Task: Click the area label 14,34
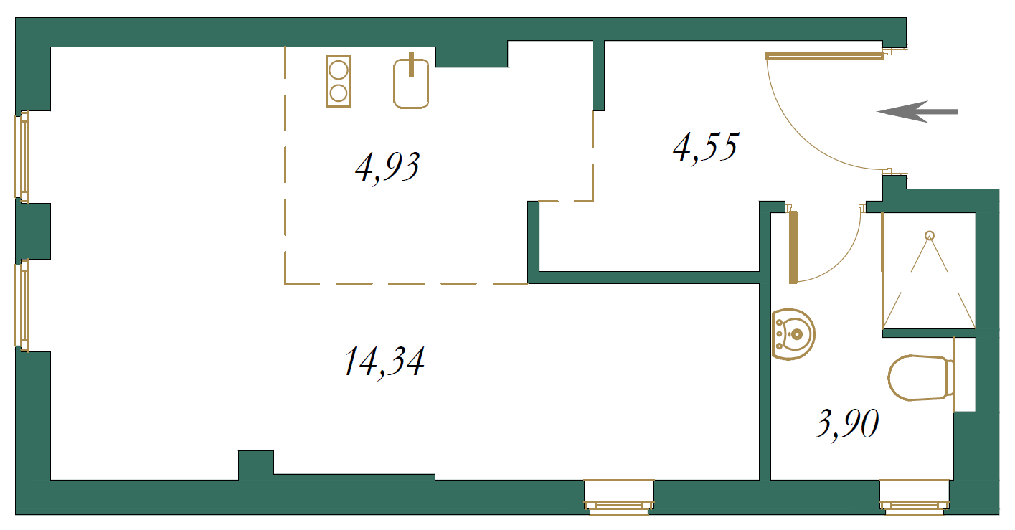tap(384, 362)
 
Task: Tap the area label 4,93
tap(387, 167)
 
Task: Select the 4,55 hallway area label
tap(706, 147)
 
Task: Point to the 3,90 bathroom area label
tap(846, 424)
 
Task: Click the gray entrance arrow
tap(917, 111)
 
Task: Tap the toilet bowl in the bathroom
tap(920, 378)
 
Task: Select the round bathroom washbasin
tap(793, 334)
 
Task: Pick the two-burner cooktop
tap(339, 81)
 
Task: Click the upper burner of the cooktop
tap(339, 70)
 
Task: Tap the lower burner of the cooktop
tap(339, 93)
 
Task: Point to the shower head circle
tap(930, 235)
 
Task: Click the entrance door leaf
tap(824, 56)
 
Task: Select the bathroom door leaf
tap(793, 247)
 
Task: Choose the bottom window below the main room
tap(619, 498)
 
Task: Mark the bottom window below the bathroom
tap(915, 498)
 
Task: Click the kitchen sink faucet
tap(412, 65)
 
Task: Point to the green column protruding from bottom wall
tap(256, 465)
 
